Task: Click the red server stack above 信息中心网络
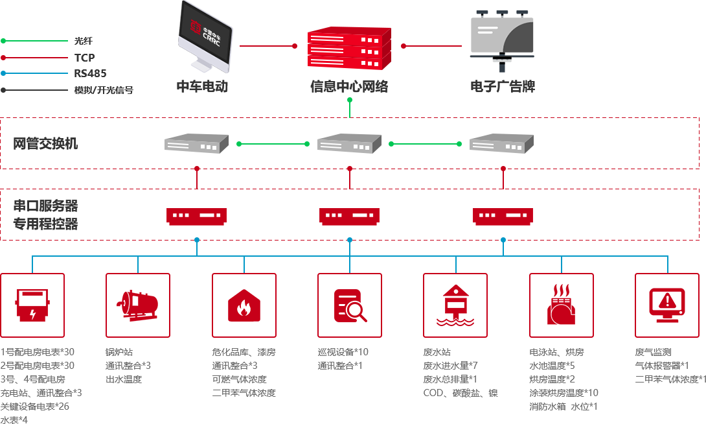[x=349, y=49]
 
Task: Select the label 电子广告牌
[x=503, y=87]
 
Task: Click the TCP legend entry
[x=84, y=58]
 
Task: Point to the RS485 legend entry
[x=90, y=73]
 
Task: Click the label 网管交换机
[x=45, y=143]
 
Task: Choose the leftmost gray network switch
[x=197, y=143]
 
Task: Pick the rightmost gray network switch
[x=501, y=143]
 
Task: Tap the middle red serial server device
[x=350, y=216]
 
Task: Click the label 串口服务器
[x=45, y=206]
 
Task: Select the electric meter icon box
[x=32, y=305]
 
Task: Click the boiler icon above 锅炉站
[x=137, y=305]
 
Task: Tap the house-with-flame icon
[x=244, y=305]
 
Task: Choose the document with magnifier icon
[x=350, y=305]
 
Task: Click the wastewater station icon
[x=455, y=305]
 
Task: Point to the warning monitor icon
[x=666, y=305]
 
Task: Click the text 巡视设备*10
[x=343, y=352]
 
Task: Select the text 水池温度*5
[x=552, y=366]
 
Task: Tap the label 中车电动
[x=202, y=87]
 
